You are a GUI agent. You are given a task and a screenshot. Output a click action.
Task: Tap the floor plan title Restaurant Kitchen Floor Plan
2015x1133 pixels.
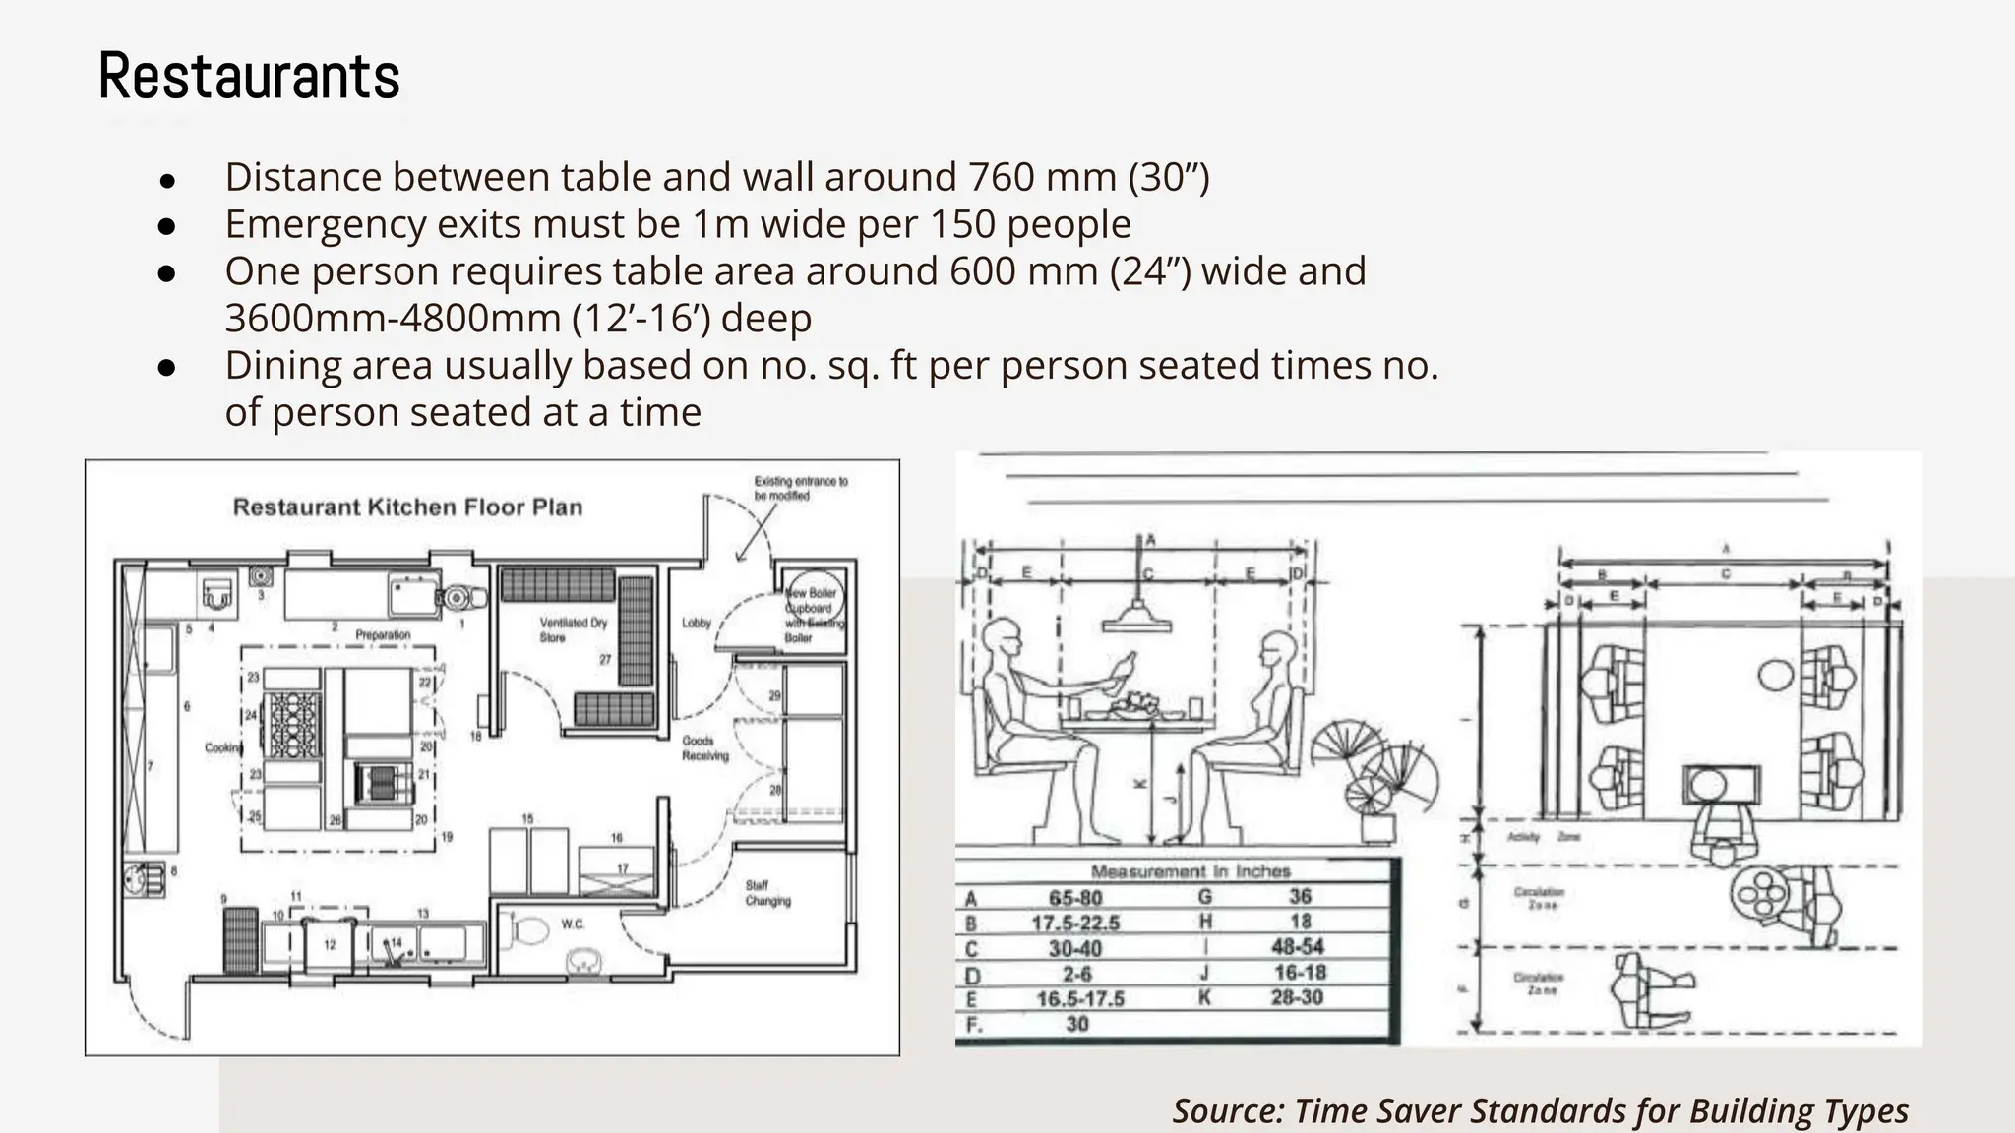(407, 507)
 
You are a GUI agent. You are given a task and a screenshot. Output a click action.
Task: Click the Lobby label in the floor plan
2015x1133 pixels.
(697, 623)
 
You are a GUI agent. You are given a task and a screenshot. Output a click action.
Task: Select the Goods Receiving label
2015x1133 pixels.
(705, 748)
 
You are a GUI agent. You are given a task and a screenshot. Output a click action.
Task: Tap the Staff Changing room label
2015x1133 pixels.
(767, 893)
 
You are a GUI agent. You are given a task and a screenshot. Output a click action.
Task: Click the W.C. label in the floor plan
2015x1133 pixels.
(573, 924)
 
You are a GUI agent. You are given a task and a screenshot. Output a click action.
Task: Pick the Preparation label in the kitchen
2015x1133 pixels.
(383, 635)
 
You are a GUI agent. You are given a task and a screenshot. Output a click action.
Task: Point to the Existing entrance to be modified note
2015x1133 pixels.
(800, 489)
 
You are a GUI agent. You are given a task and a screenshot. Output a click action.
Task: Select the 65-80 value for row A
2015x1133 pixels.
(1075, 898)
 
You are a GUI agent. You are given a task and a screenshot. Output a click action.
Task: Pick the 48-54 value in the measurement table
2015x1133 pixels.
(1299, 947)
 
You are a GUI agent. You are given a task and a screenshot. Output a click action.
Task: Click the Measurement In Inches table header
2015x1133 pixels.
(1191, 871)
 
